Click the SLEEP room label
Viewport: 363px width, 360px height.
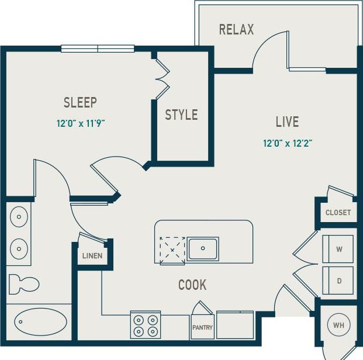coord(80,103)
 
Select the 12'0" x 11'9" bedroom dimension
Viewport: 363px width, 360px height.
coord(80,123)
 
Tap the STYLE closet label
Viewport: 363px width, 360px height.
coord(181,115)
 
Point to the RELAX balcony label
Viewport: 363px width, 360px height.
coord(236,30)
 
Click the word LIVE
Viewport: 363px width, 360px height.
coord(287,122)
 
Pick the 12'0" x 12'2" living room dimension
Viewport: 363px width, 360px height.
coord(287,143)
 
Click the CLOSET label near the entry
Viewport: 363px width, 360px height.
coord(338,213)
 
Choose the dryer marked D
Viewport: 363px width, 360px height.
coord(338,281)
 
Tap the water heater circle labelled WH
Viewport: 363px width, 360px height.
coord(338,325)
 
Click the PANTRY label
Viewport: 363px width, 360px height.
coord(202,328)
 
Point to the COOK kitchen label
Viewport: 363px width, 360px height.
coord(192,285)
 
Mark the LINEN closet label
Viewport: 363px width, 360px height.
coord(92,256)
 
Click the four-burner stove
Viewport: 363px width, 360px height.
coord(146,326)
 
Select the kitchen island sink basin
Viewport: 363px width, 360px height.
coord(203,248)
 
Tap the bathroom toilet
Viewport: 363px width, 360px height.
coord(25,284)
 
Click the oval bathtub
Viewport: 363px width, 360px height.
coord(40,321)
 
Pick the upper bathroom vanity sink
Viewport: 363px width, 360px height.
coord(19,217)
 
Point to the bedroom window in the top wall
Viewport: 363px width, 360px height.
coord(98,49)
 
